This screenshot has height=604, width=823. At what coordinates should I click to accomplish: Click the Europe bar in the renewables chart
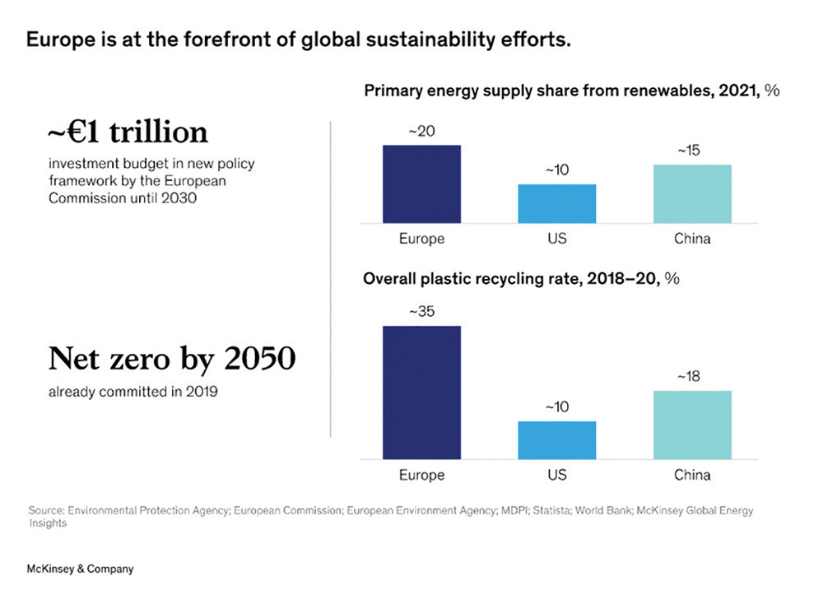click(421, 184)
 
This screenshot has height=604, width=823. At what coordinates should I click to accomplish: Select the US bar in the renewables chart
click(556, 203)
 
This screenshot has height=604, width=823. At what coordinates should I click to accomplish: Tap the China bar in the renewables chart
click(692, 193)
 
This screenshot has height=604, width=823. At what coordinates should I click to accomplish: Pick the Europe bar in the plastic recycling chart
click(421, 393)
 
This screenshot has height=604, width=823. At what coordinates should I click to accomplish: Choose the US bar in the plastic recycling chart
click(556, 440)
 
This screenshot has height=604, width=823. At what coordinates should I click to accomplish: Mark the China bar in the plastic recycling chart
click(692, 425)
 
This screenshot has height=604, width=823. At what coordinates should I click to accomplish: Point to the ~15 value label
click(692, 152)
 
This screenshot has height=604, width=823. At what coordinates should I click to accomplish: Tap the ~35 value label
click(421, 313)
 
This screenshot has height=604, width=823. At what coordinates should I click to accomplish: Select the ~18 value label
click(692, 377)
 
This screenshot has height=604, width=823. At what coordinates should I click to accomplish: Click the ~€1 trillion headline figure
click(128, 132)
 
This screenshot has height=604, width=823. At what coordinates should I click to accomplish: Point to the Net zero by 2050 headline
click(172, 360)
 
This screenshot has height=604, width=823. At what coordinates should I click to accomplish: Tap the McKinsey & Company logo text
click(80, 569)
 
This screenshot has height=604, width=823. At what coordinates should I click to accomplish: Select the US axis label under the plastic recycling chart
click(556, 475)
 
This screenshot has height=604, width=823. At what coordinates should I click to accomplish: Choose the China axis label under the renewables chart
click(692, 239)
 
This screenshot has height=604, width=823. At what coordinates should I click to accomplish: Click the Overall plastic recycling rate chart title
click(521, 279)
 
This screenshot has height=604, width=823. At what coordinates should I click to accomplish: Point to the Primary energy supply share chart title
click(571, 91)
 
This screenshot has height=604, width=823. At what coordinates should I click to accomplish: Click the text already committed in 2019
click(133, 392)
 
